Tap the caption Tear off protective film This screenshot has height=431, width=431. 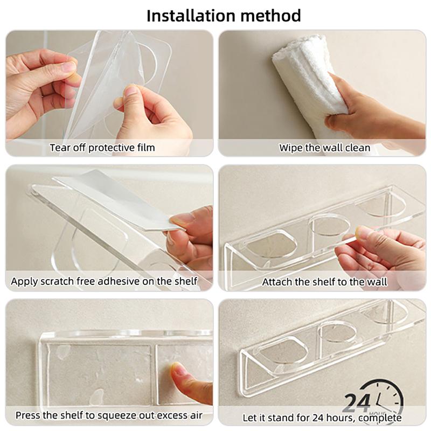coord(102,147)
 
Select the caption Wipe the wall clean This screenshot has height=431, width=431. coord(324,147)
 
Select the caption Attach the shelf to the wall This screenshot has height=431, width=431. coord(324,281)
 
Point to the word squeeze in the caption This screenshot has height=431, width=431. coord(127,415)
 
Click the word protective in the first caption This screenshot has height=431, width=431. coord(112,147)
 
